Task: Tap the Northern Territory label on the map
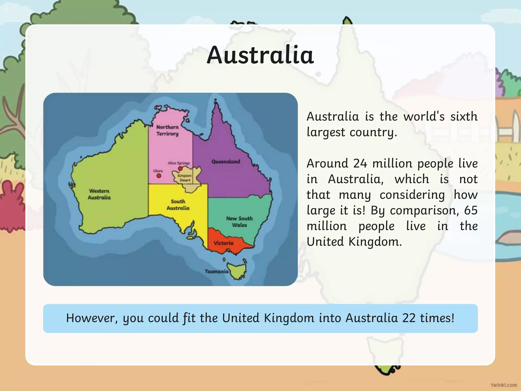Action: [x=167, y=130]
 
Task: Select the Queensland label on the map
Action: [x=226, y=162]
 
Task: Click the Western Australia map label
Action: [x=99, y=194]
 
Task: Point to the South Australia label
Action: [x=178, y=205]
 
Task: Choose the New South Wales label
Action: [x=239, y=222]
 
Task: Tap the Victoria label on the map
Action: [x=223, y=243]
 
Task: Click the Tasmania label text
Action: [x=217, y=271]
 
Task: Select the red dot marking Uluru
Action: [x=159, y=176]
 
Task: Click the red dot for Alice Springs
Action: [x=180, y=168]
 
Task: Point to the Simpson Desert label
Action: [x=185, y=178]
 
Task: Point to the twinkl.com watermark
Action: [x=504, y=385]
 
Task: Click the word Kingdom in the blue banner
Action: [x=289, y=318]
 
